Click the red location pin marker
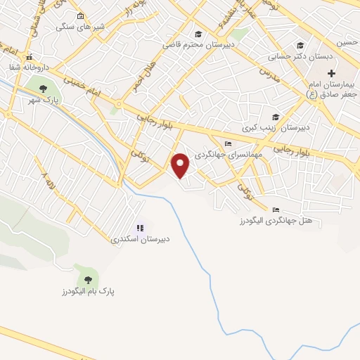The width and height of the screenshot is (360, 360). click(x=181, y=166)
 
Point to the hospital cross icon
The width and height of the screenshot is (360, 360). click(x=331, y=73)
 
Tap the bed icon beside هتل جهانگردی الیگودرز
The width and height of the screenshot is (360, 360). click(x=275, y=210)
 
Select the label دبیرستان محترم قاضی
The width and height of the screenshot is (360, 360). click(x=200, y=44)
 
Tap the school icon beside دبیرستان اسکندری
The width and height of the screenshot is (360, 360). click(x=140, y=228)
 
